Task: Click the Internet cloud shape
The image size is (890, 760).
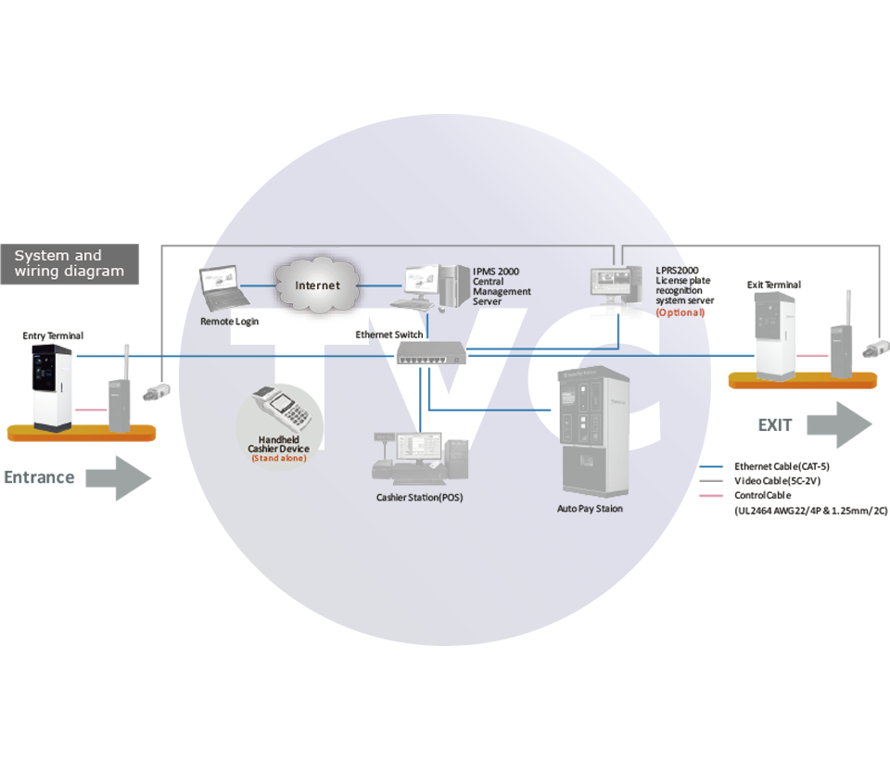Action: tap(317, 284)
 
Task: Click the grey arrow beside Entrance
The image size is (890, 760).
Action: tap(119, 478)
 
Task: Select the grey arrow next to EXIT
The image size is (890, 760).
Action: tap(838, 425)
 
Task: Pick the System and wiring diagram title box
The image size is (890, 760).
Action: tap(70, 263)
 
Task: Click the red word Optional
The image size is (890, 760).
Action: tap(680, 313)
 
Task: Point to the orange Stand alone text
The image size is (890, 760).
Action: tap(279, 459)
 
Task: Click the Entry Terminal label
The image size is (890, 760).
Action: tap(53, 336)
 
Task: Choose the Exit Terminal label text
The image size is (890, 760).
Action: tap(773, 285)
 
